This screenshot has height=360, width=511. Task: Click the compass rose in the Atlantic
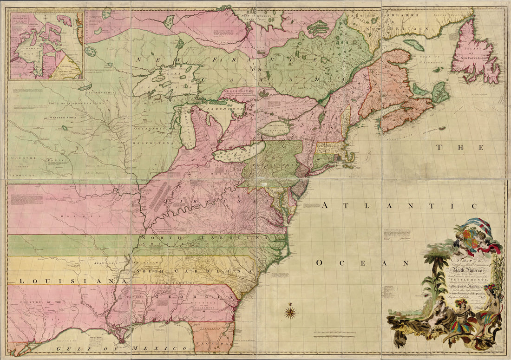(290, 312)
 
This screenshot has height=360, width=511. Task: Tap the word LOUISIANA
(67, 281)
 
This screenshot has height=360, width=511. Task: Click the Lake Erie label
(232, 153)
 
